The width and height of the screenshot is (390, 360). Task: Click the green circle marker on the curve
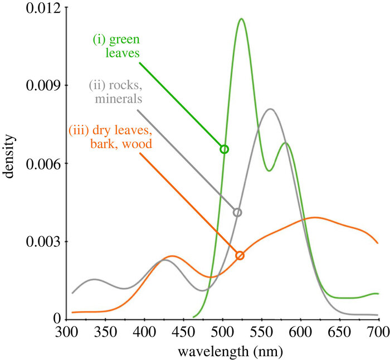tap(225, 149)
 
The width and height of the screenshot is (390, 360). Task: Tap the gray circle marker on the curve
tap(238, 212)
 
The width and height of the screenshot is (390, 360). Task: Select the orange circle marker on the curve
tap(240, 255)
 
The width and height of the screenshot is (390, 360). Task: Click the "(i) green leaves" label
tap(116, 47)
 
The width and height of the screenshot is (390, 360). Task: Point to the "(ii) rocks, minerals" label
tap(116, 93)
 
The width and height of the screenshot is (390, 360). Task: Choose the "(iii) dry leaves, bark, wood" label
tap(110, 138)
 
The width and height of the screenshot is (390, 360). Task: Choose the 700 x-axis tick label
tap(379, 330)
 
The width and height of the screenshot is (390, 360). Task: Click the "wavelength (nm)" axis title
tap(223, 351)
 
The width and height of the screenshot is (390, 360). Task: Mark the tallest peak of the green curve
tap(241, 19)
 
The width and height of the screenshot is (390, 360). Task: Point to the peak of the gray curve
tap(270, 109)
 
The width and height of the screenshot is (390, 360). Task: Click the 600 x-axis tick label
tap(301, 330)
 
